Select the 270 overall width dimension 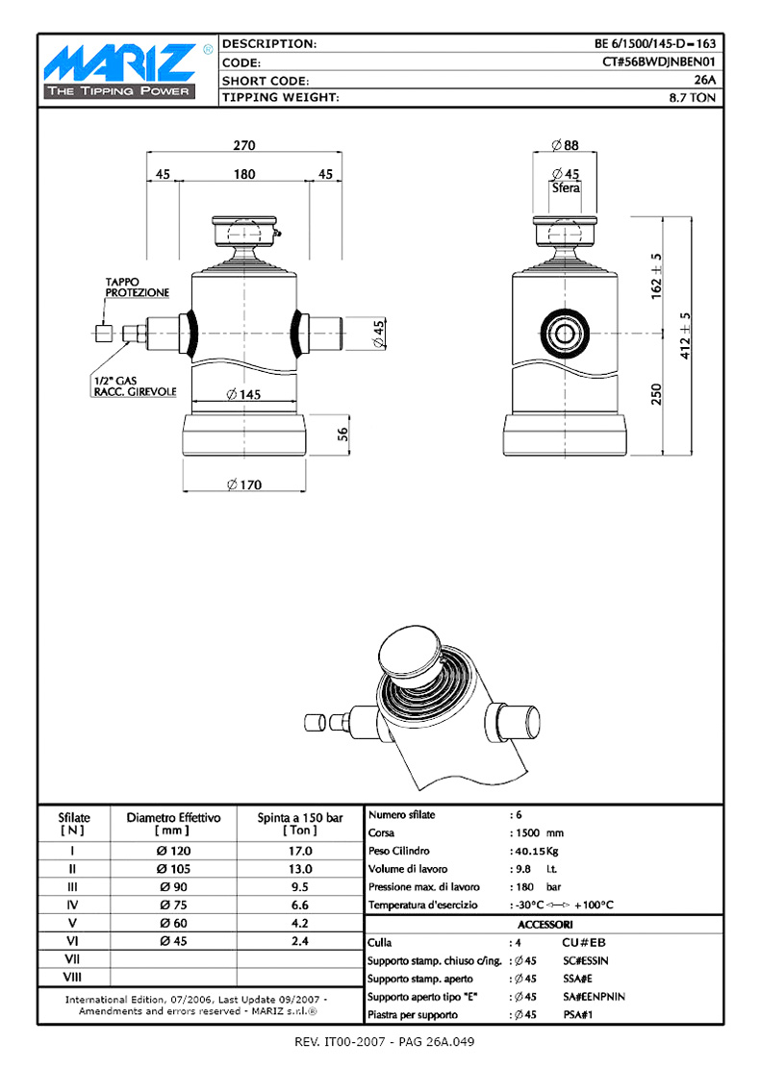click(243, 145)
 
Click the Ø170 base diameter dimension click(243, 484)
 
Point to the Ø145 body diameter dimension click(243, 394)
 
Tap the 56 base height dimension click(342, 434)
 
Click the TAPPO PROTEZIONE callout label click(137, 287)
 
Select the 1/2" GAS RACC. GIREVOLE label click(135, 386)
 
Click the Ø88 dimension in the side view click(565, 145)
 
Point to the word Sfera click(566, 187)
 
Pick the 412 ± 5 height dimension click(684, 335)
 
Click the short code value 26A click(704, 80)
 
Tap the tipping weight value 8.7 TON click(692, 97)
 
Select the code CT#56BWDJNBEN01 click(659, 62)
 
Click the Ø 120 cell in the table click(173, 851)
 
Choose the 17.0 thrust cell click(299, 851)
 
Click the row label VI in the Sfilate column click(72, 941)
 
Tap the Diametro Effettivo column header click(174, 824)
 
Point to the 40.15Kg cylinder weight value click(537, 851)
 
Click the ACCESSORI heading click(545, 924)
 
